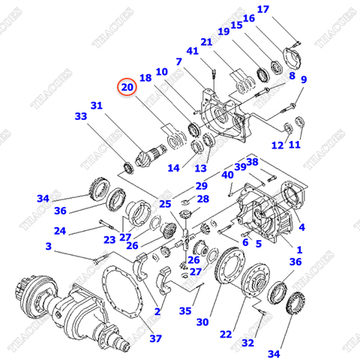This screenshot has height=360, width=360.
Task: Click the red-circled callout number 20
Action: pyautogui.click(x=127, y=88)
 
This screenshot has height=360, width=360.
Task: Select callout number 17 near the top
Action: pyautogui.click(x=262, y=9)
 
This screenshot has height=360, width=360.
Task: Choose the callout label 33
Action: pyautogui.click(x=80, y=116)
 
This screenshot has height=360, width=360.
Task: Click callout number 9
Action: pyautogui.click(x=304, y=79)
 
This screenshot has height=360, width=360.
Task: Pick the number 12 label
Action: pyautogui.click(x=277, y=145)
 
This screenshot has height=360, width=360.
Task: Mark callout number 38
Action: pyautogui.click(x=252, y=161)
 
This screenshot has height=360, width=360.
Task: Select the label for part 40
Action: pyautogui.click(x=226, y=175)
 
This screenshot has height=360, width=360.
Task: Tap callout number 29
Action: pyautogui.click(x=201, y=186)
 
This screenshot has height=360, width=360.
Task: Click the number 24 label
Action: pyautogui.click(x=59, y=230)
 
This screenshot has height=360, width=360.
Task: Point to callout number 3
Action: pyautogui.click(x=49, y=246)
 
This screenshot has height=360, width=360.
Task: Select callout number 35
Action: pyautogui.click(x=184, y=310)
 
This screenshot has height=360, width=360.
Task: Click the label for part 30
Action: pyautogui.click(x=202, y=322)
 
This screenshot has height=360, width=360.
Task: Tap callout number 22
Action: pyautogui.click(x=226, y=334)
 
